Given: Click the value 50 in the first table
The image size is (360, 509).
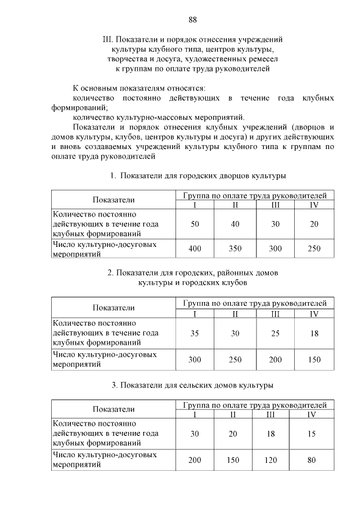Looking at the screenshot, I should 195,224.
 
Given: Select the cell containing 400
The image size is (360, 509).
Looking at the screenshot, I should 195,249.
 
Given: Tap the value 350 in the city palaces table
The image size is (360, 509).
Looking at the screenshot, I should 235,249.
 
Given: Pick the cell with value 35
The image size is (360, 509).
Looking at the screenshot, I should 195,333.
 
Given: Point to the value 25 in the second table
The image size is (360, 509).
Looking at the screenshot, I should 275,333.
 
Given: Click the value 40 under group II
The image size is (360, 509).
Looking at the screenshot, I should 235,224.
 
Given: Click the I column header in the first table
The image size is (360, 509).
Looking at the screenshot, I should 195,205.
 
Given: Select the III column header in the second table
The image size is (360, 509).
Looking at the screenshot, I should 275,313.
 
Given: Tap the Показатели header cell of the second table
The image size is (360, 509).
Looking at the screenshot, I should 114,308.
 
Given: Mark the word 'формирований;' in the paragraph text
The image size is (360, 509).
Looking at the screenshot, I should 78,107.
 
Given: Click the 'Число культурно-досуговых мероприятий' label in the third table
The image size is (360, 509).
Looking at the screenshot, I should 103,460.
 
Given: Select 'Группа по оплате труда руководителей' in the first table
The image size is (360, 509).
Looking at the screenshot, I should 254,195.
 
